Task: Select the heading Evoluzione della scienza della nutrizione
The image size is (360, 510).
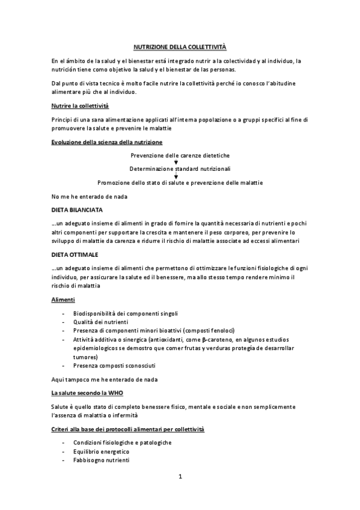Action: (106, 142)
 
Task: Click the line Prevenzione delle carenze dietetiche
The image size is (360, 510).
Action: (180, 155)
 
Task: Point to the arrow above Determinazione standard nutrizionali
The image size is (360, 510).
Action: (175, 162)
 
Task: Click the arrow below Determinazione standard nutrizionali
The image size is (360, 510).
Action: (175, 176)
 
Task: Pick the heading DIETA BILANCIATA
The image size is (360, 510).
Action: (78, 210)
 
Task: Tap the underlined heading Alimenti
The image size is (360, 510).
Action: (63, 299)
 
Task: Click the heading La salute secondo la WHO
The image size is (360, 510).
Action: (91, 393)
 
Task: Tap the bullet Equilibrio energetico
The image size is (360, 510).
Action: (101, 451)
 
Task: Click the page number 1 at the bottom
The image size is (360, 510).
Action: (180, 478)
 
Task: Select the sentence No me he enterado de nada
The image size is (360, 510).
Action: (88, 197)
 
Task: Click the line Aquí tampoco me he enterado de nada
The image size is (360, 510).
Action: (101, 379)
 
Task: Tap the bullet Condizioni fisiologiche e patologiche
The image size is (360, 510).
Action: (122, 443)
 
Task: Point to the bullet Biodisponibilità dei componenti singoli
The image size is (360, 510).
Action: (125, 314)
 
